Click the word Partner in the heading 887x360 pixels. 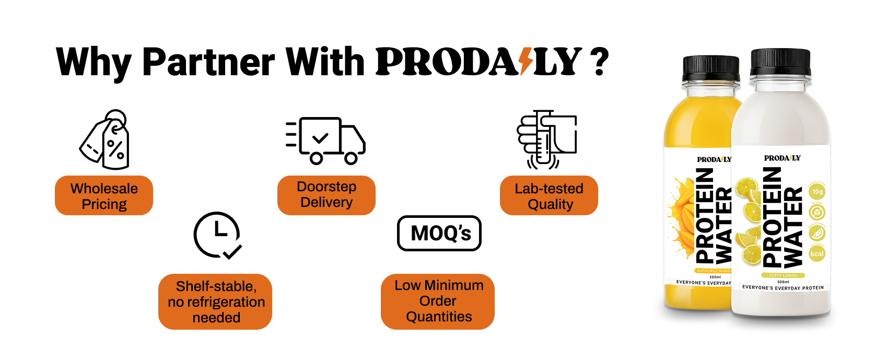[208, 62]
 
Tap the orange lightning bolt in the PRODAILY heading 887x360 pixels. [526, 62]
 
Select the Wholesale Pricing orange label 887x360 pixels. [104, 196]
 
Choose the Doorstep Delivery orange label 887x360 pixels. [326, 195]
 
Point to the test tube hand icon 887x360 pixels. [546, 139]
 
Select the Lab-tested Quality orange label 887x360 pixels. [549, 196]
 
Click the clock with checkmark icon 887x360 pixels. [218, 235]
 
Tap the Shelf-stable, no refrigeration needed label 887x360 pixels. [215, 301]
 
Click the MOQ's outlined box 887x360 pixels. [439, 233]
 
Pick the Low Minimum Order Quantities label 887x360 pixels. [438, 301]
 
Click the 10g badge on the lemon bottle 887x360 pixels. [817, 192]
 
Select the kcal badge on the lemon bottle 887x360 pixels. [817, 254]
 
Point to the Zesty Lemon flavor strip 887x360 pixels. [783, 275]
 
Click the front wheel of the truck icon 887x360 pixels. [351, 158]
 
